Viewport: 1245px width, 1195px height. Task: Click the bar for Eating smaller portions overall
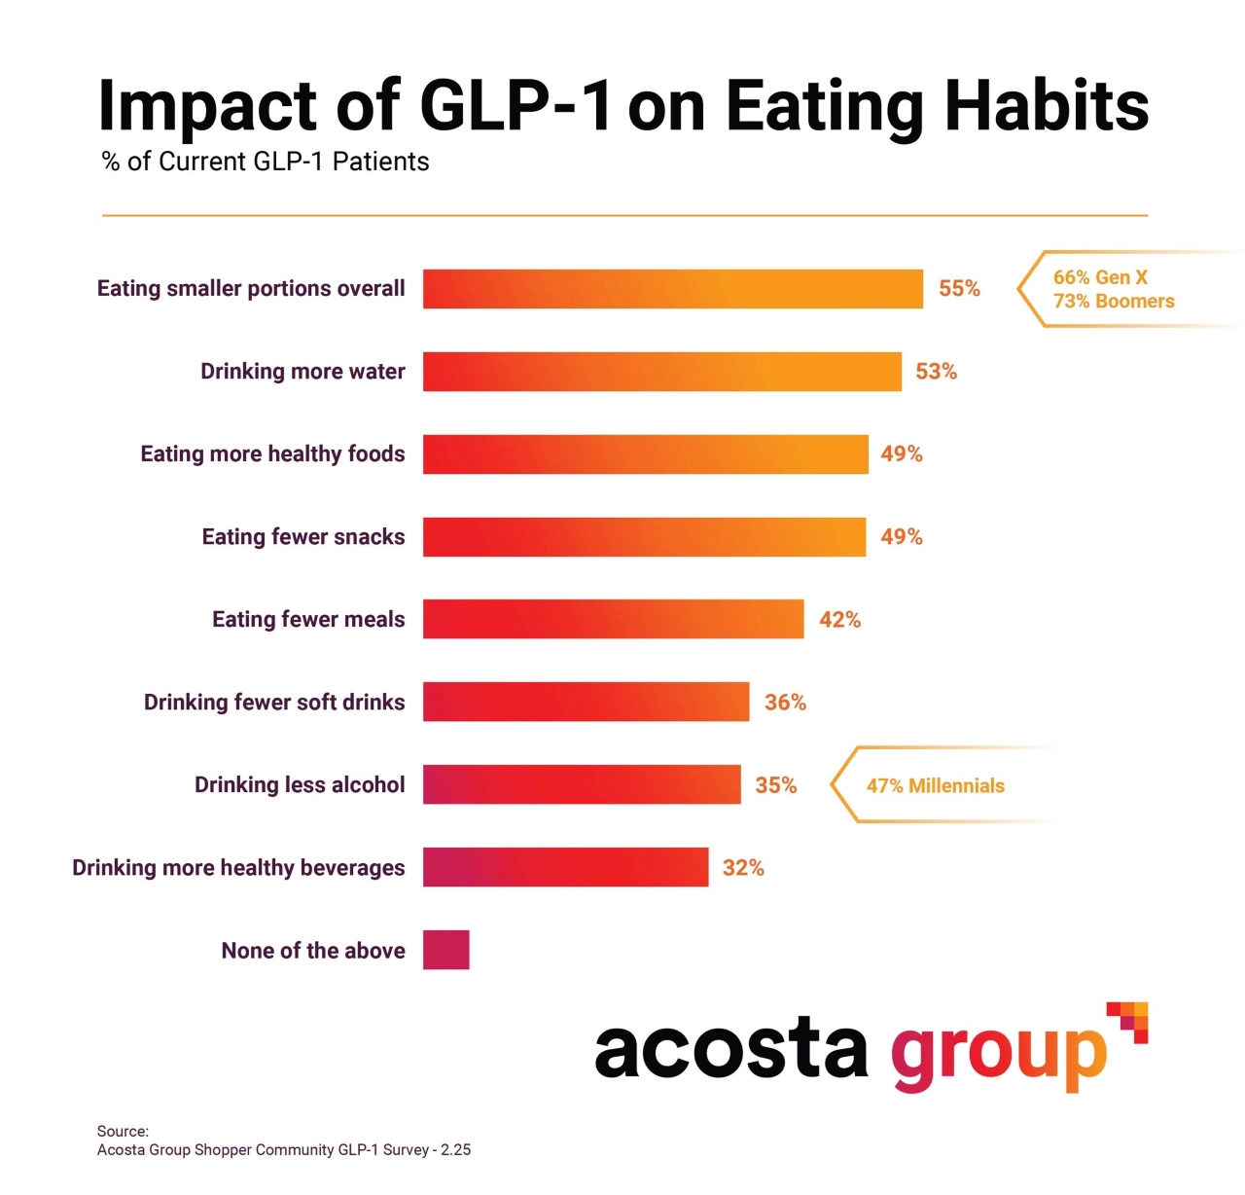(672, 289)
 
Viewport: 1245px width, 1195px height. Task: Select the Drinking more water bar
(661, 372)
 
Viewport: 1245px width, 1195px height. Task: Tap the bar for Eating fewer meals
(613, 619)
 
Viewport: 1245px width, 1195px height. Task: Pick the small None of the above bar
(445, 950)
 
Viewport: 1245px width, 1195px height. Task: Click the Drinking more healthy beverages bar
(565, 867)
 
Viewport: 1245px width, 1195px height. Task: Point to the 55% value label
(959, 289)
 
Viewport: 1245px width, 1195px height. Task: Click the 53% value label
(936, 372)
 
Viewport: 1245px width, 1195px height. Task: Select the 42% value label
(839, 620)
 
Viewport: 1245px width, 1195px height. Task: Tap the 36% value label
(785, 703)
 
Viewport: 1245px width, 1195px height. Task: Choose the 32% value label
(743, 868)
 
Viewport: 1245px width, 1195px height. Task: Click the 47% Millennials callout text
(935, 786)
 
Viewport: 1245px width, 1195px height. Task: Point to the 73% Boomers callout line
(1114, 302)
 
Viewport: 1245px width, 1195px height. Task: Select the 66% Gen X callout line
(1100, 277)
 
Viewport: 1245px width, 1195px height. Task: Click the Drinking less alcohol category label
(300, 785)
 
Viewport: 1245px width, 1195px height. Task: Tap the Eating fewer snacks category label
(303, 537)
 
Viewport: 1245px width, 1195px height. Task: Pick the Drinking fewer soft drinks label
(274, 703)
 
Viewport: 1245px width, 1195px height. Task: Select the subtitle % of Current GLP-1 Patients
(266, 162)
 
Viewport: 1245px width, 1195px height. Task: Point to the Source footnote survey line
(284, 1150)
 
